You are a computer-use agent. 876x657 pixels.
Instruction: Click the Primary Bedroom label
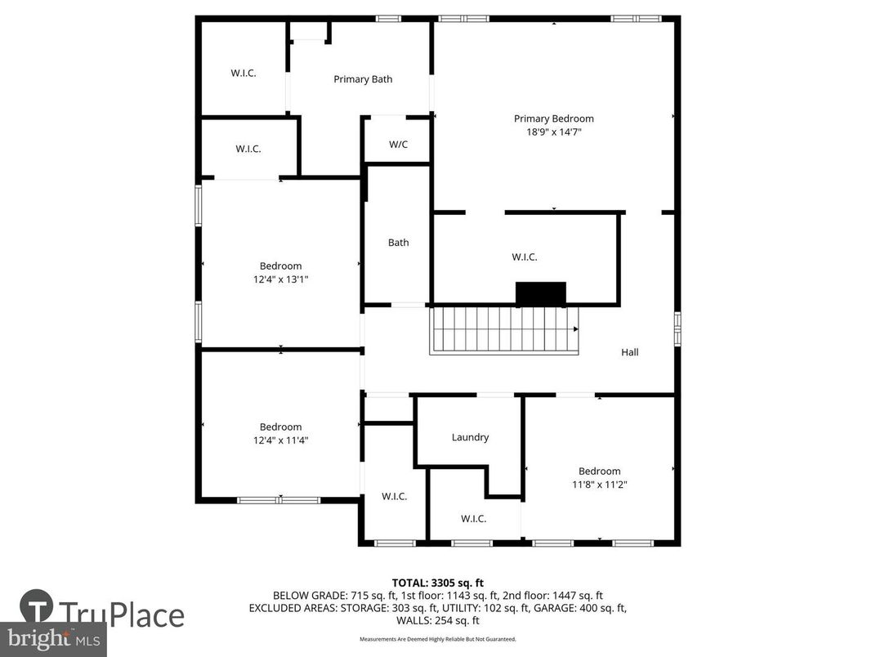pos(553,118)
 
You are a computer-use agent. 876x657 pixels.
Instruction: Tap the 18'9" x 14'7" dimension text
pos(553,132)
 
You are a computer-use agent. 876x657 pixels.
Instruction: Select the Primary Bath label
pos(363,79)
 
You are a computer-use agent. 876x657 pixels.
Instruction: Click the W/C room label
pos(398,145)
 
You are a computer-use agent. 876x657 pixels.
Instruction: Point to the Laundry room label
pos(470,437)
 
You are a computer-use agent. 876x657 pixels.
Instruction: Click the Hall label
pos(629,352)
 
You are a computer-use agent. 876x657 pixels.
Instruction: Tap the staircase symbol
pos(503,330)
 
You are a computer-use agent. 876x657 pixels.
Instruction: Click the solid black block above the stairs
pos(540,293)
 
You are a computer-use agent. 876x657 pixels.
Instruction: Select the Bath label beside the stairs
pos(398,243)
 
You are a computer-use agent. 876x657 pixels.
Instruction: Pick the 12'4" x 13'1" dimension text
pos(280,279)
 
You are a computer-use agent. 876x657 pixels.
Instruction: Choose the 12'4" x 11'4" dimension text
pos(280,440)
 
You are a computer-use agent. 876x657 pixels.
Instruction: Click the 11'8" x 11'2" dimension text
pos(599,484)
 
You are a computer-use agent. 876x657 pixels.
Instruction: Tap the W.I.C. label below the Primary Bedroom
pos(524,257)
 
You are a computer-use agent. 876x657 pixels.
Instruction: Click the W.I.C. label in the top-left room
pos(243,73)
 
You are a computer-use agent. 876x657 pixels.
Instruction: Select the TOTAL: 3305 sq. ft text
pos(437,583)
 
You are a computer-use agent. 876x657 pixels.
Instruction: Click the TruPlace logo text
pos(123,614)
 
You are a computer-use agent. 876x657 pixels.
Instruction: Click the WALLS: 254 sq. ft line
pos(437,620)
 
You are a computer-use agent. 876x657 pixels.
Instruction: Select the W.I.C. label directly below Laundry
pos(473,519)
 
